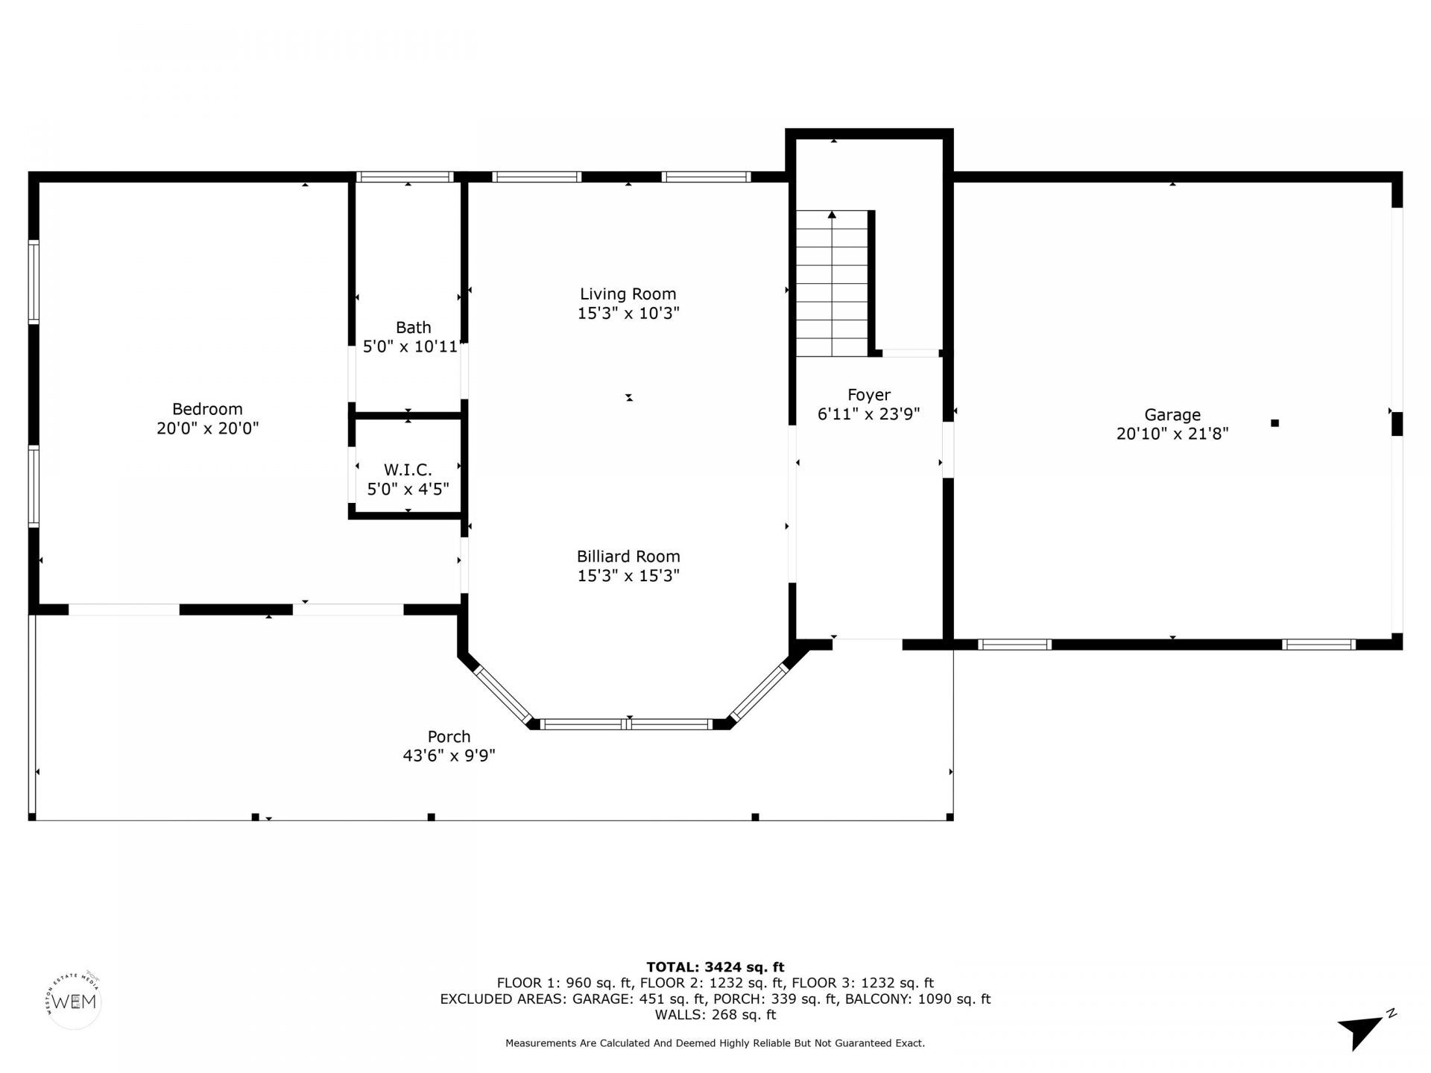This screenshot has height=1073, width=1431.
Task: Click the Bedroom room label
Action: click(x=207, y=409)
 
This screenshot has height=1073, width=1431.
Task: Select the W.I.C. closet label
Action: click(x=408, y=470)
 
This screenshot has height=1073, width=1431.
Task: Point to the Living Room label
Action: click(x=628, y=294)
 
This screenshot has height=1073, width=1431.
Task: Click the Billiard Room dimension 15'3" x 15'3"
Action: click(x=628, y=576)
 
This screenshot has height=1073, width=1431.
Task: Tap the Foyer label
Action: click(x=868, y=395)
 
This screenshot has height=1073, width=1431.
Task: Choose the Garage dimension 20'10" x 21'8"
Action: click(x=1172, y=434)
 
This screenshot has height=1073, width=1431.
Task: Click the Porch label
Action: click(x=449, y=737)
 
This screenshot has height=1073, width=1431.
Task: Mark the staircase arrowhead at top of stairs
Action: click(x=832, y=215)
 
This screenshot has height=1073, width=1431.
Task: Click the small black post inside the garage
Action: click(x=1274, y=423)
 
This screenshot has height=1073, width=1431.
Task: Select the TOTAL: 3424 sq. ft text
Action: click(x=715, y=967)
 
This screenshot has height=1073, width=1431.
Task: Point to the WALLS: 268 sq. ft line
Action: click(x=715, y=1015)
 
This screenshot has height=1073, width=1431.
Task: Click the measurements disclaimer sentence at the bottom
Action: click(x=715, y=1043)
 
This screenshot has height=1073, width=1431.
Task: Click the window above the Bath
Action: click(x=405, y=177)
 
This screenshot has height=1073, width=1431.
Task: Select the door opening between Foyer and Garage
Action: click(x=948, y=449)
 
